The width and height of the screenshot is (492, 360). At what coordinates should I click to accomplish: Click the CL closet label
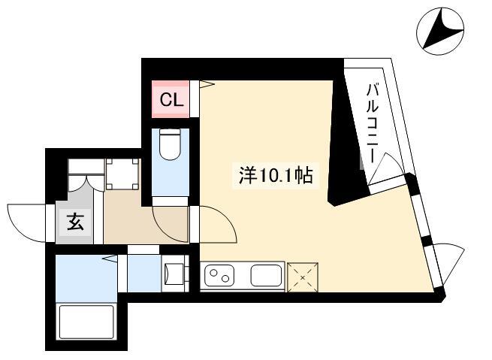(171, 101)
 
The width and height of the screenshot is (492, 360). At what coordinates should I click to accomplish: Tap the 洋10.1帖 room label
(276, 175)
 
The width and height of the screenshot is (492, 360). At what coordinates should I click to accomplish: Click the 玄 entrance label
(75, 222)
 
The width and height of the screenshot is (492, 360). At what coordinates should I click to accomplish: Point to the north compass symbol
(440, 31)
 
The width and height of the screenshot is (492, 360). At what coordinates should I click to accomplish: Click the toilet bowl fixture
(171, 144)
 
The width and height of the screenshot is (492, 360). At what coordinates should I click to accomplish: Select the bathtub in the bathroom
(86, 322)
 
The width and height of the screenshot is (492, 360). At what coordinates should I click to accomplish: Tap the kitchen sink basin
(266, 276)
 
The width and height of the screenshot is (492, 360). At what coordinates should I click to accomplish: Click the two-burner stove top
(219, 276)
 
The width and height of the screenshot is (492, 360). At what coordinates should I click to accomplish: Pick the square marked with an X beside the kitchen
(303, 277)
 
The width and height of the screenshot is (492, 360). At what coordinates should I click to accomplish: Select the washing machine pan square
(122, 174)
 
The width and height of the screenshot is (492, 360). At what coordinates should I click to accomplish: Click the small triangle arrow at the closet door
(207, 84)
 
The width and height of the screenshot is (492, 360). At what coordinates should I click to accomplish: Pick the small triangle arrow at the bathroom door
(110, 259)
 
